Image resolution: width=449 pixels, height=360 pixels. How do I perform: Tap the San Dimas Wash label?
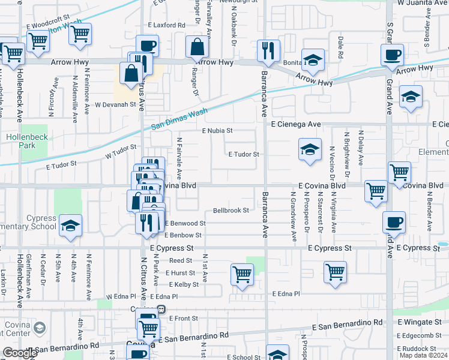tap(179, 118)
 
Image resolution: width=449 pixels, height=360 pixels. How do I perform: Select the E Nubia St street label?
tap(217, 130)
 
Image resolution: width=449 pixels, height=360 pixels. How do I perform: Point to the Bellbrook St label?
tap(231, 211)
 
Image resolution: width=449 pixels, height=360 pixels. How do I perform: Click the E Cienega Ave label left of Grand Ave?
tap(296, 124)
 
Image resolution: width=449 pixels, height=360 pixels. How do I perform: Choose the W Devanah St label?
tap(116, 104)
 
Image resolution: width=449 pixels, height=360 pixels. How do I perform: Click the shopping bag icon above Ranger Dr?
tap(196, 47)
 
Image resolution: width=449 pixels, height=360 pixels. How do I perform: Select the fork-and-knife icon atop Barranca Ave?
tap(267, 50)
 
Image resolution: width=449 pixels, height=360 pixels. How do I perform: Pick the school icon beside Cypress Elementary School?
tap(71, 226)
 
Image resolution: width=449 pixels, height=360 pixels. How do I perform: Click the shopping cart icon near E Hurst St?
tap(242, 274)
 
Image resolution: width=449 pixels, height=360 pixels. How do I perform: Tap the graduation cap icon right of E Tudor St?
tap(309, 150)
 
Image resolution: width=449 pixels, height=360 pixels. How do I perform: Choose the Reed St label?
tap(180, 260)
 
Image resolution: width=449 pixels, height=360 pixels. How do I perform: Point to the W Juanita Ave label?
tap(423, 3)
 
